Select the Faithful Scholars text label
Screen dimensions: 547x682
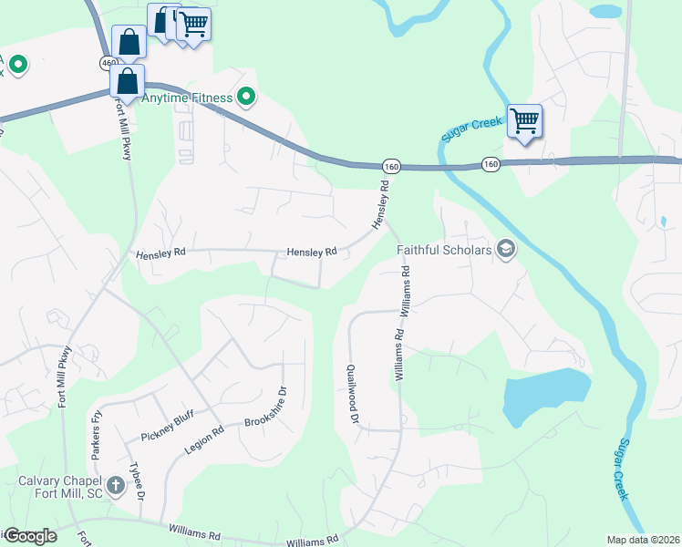[x=444, y=250]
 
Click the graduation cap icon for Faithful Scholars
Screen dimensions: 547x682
[x=507, y=250]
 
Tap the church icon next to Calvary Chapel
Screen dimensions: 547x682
[x=116, y=485]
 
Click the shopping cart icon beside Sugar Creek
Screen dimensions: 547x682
[x=524, y=120]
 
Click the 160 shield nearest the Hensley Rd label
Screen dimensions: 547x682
[x=391, y=166]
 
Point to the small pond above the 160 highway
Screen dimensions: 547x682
[x=604, y=12]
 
